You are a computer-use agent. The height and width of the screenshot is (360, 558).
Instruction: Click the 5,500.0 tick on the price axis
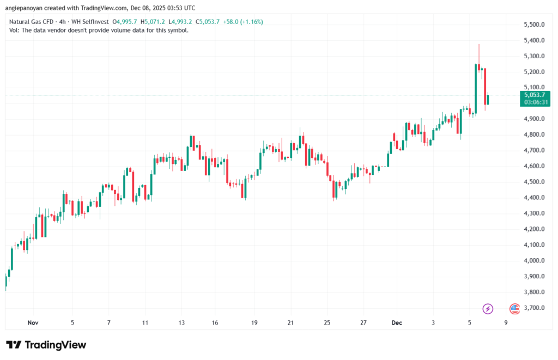point(534,25)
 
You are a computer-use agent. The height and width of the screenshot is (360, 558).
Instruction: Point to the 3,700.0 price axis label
point(534,308)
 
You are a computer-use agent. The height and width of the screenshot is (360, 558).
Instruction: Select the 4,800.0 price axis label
point(534,135)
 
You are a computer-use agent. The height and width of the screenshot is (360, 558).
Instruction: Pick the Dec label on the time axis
point(397,322)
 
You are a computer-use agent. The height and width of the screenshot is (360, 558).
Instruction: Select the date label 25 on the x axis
point(326,322)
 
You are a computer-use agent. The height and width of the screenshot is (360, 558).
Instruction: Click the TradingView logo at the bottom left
point(46,345)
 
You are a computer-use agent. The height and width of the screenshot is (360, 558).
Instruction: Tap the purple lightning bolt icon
point(488,309)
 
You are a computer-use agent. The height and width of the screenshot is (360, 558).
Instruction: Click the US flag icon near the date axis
point(514,309)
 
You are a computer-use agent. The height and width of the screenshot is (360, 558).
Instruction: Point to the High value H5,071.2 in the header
point(153,22)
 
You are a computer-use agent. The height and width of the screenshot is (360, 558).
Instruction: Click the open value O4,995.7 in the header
point(125,22)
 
